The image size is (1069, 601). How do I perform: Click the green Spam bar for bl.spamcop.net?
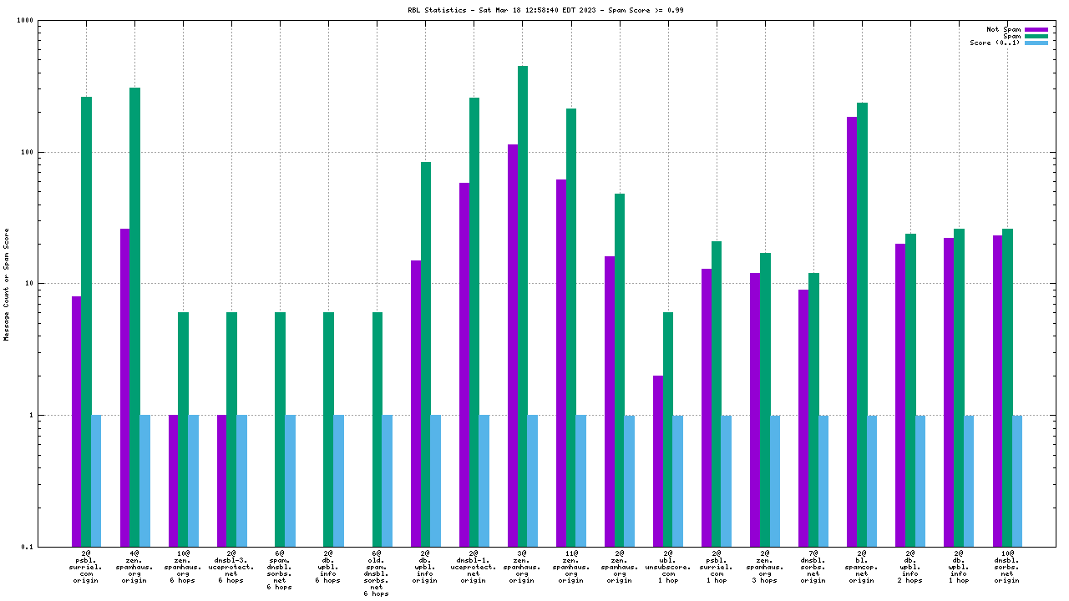tap(862, 325)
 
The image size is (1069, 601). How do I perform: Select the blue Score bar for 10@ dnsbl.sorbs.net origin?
tap(1017, 481)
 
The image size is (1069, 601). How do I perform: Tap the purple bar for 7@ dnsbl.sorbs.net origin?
tap(803, 417)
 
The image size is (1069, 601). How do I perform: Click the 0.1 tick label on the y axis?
tap(49, 547)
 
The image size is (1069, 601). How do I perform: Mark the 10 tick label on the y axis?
tap(51, 284)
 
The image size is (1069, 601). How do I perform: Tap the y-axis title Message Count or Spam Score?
tap(7, 284)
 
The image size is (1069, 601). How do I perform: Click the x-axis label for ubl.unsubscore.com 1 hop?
tap(668, 566)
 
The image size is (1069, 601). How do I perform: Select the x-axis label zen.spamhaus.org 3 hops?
tap(765, 566)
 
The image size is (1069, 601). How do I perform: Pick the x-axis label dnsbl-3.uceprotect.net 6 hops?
tap(231, 566)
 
